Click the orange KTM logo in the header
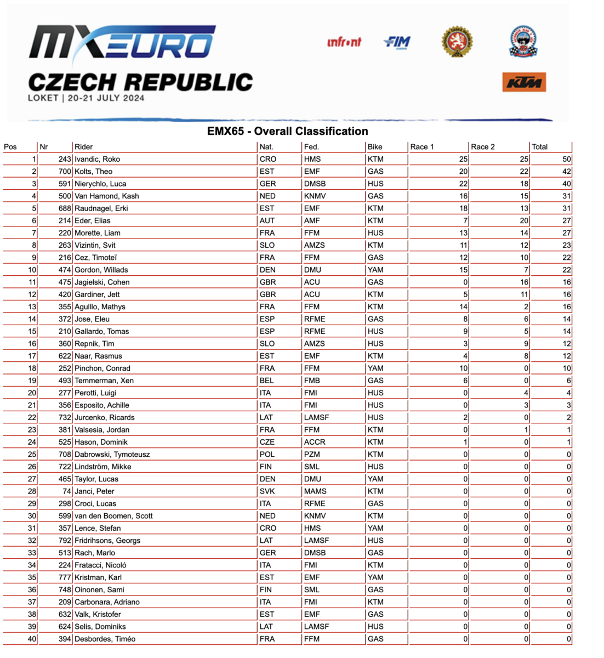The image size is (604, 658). pyautogui.click(x=523, y=82)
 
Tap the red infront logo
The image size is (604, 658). pyautogui.click(x=344, y=42)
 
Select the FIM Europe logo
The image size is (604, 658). pyautogui.click(x=397, y=42)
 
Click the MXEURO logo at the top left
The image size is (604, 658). pyautogui.click(x=122, y=42)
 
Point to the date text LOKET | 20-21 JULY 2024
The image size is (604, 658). pyautogui.click(x=86, y=98)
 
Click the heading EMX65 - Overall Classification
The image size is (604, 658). pyautogui.click(x=287, y=131)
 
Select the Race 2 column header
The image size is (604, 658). pyautogui.click(x=482, y=147)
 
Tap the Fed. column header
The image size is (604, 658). pyautogui.click(x=311, y=147)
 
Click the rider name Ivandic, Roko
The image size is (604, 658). pyautogui.click(x=97, y=159)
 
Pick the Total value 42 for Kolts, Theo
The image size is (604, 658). pyautogui.click(x=566, y=172)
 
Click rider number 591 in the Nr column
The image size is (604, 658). pyautogui.click(x=65, y=184)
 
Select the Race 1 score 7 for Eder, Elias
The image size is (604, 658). pyautogui.click(x=465, y=220)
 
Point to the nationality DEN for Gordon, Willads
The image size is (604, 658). pyautogui.click(x=267, y=270)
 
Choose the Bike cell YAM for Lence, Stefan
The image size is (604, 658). pyautogui.click(x=375, y=528)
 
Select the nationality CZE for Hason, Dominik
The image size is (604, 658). pyautogui.click(x=267, y=442)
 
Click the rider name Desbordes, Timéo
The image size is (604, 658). pyautogui.click(x=105, y=639)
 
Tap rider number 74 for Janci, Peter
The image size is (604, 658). pyautogui.click(x=67, y=491)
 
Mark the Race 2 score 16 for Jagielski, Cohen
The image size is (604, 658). pyautogui.click(x=524, y=282)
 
